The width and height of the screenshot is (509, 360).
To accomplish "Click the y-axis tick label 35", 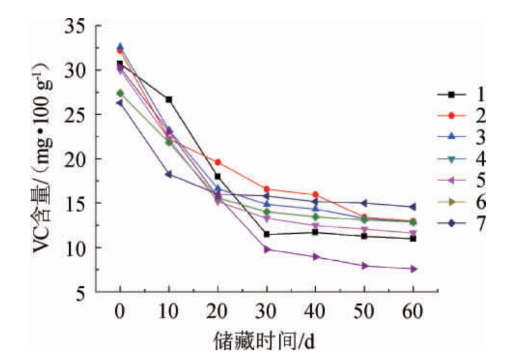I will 75,28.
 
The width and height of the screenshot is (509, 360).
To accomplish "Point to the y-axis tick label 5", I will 82,293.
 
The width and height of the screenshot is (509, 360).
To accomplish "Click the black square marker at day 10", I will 169,99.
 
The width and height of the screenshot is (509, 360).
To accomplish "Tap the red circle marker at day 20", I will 218,162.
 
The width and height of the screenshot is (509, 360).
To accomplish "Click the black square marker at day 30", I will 266,234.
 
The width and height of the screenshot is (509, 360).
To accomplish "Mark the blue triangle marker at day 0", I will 120,46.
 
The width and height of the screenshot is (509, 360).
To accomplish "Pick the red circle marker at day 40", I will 315,194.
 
